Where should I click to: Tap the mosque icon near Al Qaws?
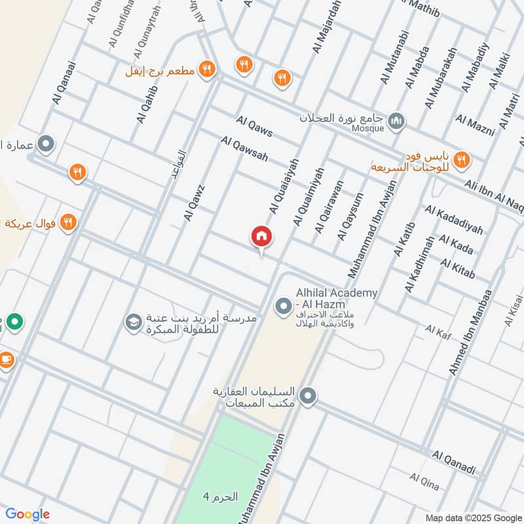396,121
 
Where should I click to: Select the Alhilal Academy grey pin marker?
283,306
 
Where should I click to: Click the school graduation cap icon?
133,322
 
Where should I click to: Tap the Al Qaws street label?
255,126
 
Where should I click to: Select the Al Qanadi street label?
453,462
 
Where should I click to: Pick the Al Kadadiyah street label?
453,219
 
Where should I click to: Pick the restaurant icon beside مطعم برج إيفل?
207,69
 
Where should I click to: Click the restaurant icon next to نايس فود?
462,160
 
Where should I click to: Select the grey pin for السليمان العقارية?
308,396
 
